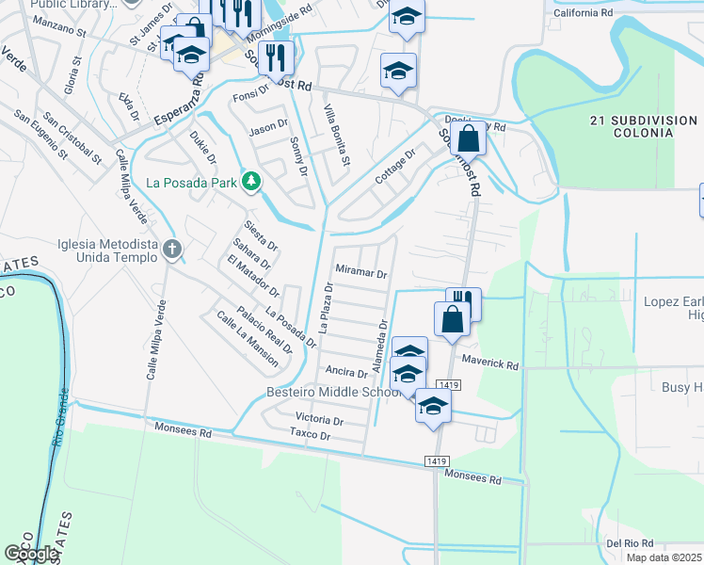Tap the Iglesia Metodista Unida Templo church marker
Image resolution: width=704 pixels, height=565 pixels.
click(x=171, y=250)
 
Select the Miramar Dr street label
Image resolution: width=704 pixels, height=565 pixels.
click(x=362, y=274)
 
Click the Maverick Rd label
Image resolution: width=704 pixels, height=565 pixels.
click(x=490, y=364)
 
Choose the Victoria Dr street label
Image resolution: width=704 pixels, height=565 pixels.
click(x=319, y=418)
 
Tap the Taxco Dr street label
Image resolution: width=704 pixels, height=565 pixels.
click(x=311, y=436)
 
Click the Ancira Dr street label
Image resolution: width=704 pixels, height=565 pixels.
click(x=345, y=372)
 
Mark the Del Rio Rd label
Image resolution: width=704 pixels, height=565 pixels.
click(x=630, y=544)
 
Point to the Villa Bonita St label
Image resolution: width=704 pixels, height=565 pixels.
click(x=337, y=136)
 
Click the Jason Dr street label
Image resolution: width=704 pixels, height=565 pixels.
click(x=267, y=126)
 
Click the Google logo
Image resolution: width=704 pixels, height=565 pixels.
click(x=31, y=554)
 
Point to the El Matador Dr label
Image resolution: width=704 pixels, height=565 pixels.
click(x=247, y=275)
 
